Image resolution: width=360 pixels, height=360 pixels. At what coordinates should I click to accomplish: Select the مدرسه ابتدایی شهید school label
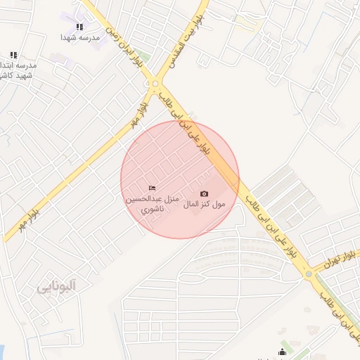[17, 70]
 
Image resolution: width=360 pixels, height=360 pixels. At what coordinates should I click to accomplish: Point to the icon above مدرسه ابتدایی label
[13, 55]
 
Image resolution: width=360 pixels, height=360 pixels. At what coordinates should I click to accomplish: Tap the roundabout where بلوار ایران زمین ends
[155, 85]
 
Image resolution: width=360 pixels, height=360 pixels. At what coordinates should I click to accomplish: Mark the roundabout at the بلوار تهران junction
[308, 274]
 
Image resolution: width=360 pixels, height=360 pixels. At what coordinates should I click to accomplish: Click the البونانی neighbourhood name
[56, 286]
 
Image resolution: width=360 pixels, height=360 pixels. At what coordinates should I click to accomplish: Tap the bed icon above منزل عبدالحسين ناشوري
[152, 188]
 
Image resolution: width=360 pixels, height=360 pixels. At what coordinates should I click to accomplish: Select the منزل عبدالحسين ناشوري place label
[153, 204]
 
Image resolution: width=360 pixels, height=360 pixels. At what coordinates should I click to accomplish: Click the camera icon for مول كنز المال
[205, 193]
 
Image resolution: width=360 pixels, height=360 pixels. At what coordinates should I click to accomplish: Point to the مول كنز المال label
[205, 205]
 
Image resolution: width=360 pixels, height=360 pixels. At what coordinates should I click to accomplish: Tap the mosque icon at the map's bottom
[283, 352]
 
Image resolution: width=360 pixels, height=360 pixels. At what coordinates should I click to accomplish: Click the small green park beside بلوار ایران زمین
[144, 56]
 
